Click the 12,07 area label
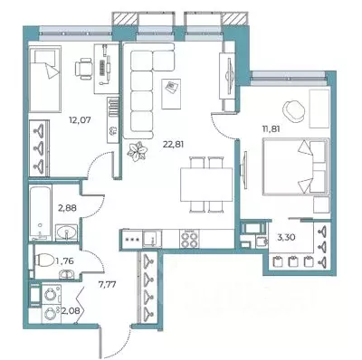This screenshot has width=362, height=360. tap(80, 120)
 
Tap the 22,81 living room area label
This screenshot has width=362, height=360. tap(173, 145)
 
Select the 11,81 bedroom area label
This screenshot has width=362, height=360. tap(271, 129)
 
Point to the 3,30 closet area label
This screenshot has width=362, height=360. tap(286, 237)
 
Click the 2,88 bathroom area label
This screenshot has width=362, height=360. tap(67, 208)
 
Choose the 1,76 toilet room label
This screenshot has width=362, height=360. tap(64, 261)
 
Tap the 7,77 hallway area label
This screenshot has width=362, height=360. tap(108, 284)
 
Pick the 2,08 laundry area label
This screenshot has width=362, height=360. tap(71, 310)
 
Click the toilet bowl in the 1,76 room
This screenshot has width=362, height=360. tap(45, 261)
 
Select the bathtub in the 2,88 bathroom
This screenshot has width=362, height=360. tap(41, 213)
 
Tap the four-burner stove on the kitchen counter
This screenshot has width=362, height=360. tap(189, 239)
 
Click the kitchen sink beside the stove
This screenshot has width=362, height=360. tap(152, 239)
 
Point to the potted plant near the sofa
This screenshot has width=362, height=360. tap(137, 150)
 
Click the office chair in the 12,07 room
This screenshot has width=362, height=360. tap(83, 69)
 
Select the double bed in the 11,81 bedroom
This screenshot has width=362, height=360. tap(296, 166)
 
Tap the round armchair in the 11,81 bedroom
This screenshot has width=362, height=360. tap(293, 111)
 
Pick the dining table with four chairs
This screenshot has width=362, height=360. tap(206, 185)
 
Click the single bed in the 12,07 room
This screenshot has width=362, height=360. tap(45, 79)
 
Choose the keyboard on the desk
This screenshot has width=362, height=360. tap(103, 68)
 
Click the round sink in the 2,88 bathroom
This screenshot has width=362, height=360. tap(67, 233)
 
